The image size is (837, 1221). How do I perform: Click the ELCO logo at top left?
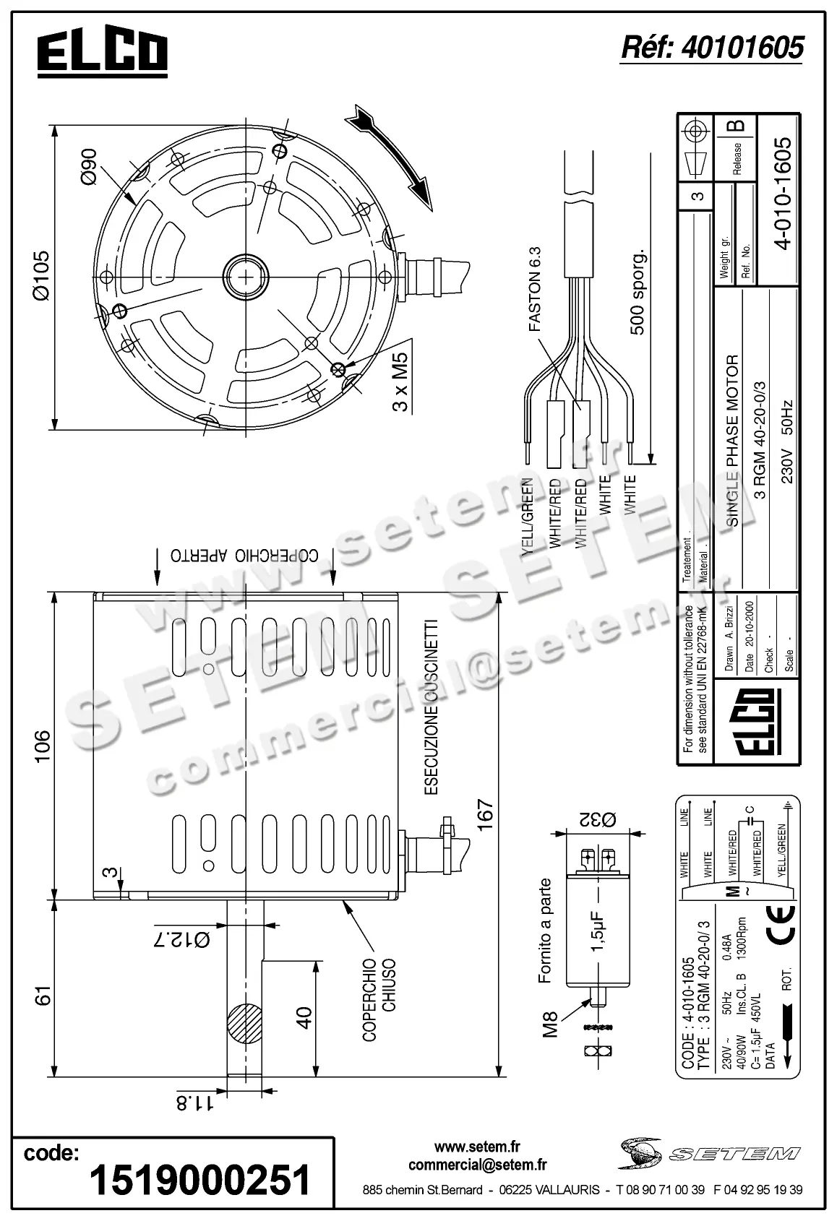102,53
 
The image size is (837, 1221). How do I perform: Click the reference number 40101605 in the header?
712,48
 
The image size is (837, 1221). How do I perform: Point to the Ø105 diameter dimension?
41,275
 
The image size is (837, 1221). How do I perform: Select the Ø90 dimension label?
89,167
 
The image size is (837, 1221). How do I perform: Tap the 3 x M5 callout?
400,381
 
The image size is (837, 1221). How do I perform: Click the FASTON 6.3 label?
534,289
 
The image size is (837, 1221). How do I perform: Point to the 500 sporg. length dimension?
638,293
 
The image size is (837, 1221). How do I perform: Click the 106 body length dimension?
43,746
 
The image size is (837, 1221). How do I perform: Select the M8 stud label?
551,1024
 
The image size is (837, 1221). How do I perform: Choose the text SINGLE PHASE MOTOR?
731,441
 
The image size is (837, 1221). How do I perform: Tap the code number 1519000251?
199,1181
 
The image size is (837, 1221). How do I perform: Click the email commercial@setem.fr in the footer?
477,1165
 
